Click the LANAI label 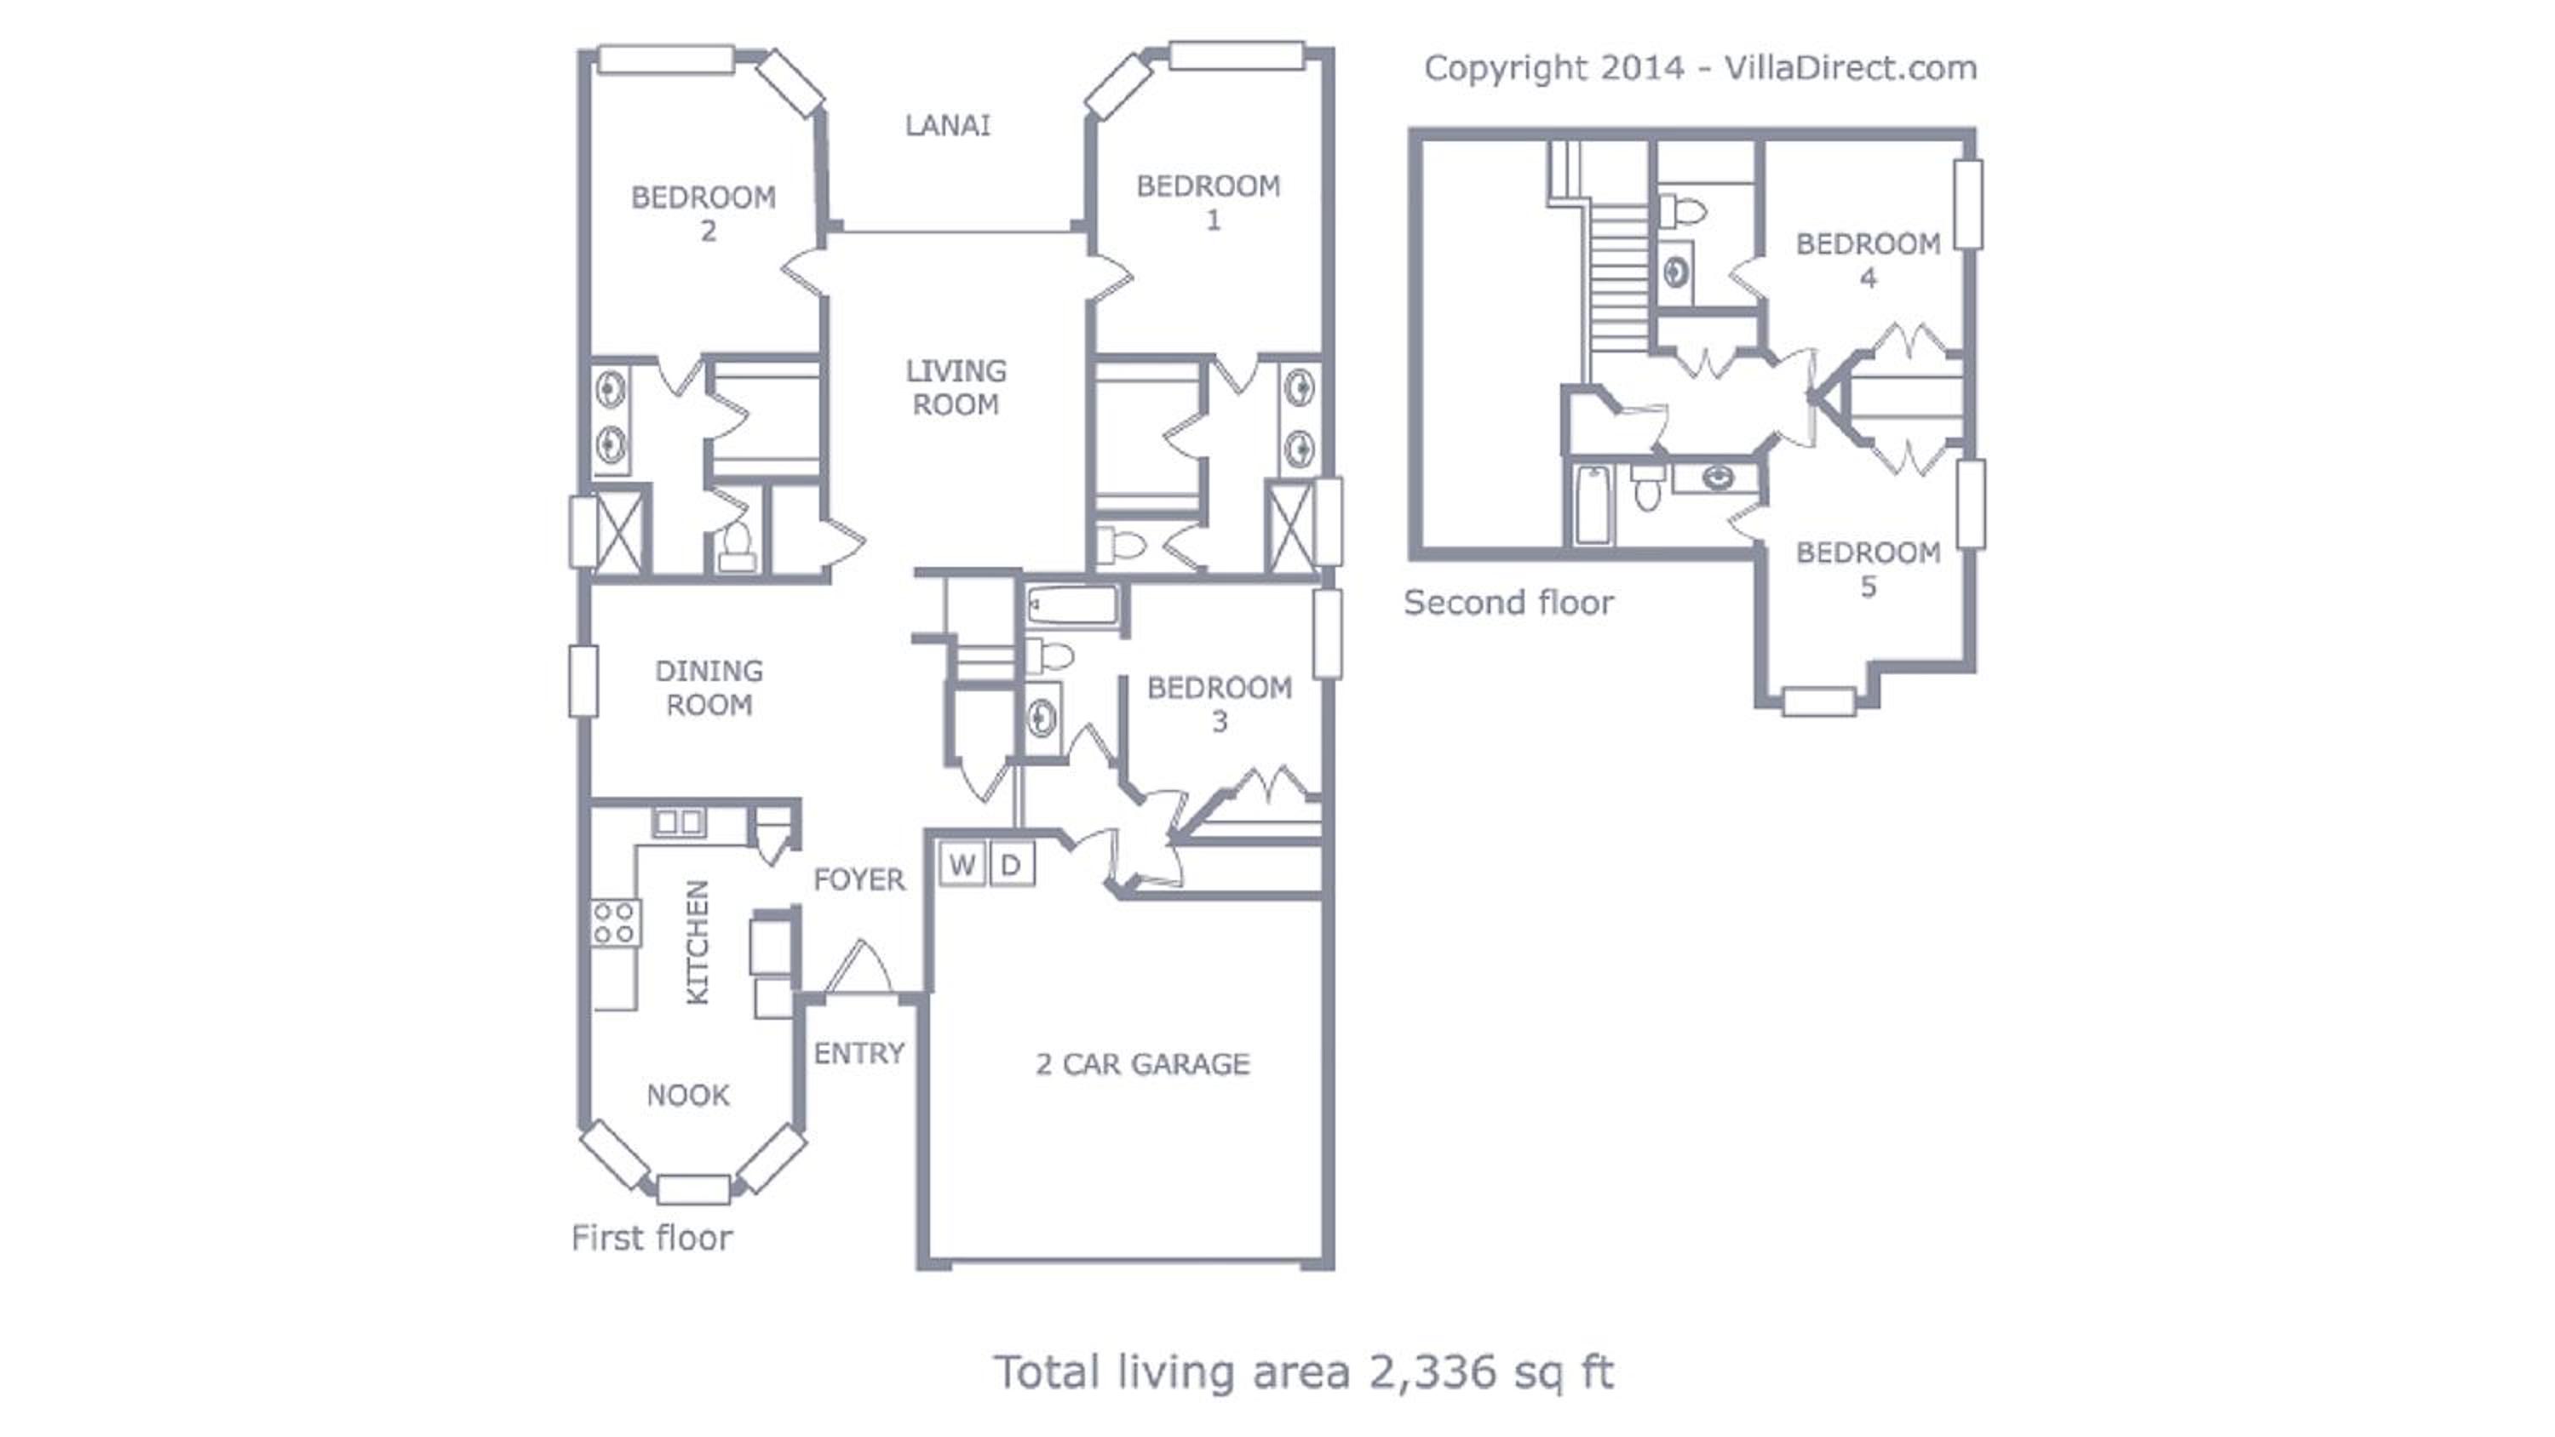tap(947, 125)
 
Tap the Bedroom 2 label tap(704, 213)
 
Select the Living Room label tap(956, 386)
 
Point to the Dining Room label tap(709, 687)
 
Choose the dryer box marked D tap(1011, 865)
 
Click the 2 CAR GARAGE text tap(1143, 1064)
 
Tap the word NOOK tap(687, 1095)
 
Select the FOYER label tap(859, 879)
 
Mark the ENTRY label tap(859, 1053)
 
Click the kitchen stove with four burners tap(616, 922)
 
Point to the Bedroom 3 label tap(1219, 704)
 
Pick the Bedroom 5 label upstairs tap(1869, 570)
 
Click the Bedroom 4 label tap(1869, 260)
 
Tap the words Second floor tap(1508, 602)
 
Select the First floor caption tap(652, 1238)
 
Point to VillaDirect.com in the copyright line tap(1851, 67)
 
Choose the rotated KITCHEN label tap(698, 942)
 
